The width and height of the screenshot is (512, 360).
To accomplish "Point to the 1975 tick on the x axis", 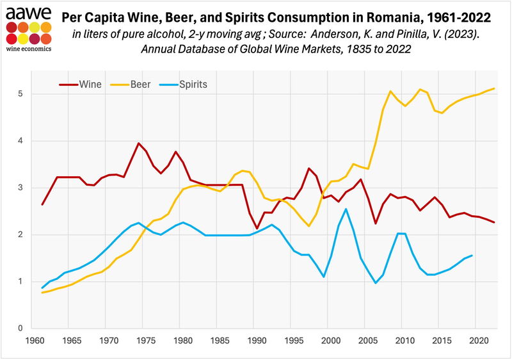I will point(145,342).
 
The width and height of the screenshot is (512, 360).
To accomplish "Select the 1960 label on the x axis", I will point(35,342).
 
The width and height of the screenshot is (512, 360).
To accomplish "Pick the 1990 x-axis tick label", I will point(255,342).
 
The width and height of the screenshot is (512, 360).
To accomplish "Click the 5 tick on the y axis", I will point(22,94).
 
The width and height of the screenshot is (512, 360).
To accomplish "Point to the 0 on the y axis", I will point(22,329).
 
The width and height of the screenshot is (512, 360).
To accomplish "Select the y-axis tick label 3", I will point(22,188).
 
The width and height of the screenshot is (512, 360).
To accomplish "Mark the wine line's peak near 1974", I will point(138,143).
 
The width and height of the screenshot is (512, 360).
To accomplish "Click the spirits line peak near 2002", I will point(346,209).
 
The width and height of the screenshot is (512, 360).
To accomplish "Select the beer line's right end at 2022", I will point(494,88).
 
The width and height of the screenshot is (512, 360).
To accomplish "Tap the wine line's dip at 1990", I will point(257,229).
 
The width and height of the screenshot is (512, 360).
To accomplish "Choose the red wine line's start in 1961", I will point(42,204).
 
